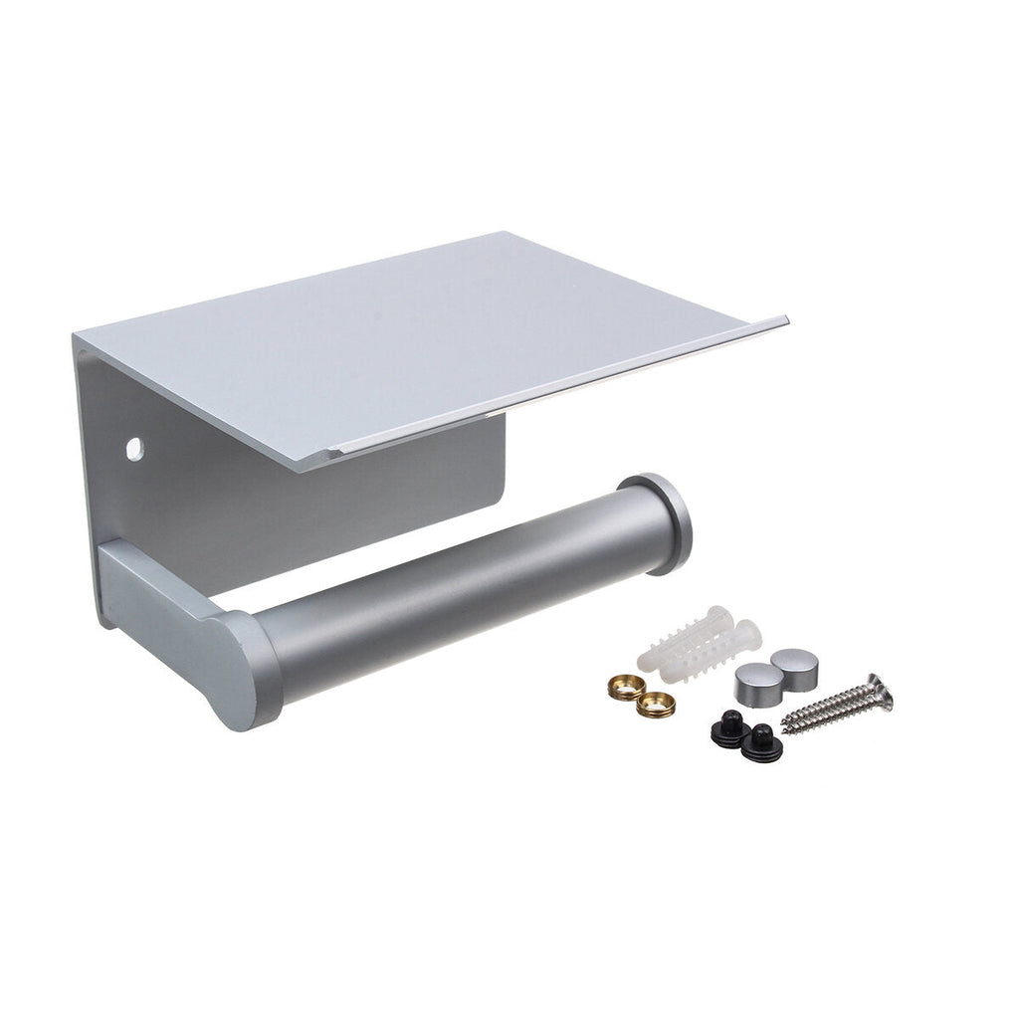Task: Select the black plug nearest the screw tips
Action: point(762,736)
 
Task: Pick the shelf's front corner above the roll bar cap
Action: point(786,320)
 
